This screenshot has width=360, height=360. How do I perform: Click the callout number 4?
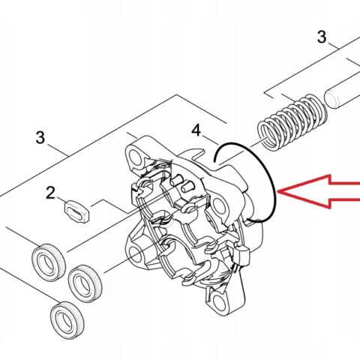point(196,130)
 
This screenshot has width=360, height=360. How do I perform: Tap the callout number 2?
point(51,193)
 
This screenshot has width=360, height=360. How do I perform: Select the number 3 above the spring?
point(322,37)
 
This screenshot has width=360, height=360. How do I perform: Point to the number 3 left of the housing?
point(40,137)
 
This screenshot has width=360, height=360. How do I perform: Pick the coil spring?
point(292,122)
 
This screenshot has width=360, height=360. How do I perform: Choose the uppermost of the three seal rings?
point(49,262)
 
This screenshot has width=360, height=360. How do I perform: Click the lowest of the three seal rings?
point(67,321)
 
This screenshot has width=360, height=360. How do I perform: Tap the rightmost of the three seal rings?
point(85,284)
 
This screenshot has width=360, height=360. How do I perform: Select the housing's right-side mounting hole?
point(218,205)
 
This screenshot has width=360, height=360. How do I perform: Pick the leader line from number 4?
point(210,139)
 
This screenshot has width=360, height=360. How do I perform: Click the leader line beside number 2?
point(61,199)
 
